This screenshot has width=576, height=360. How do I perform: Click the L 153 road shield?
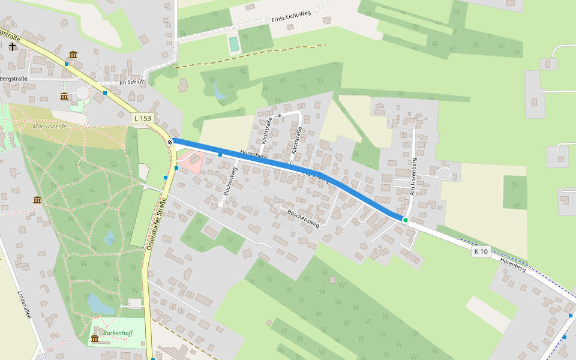click(x=143, y=119)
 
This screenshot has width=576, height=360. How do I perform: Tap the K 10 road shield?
click(x=481, y=251)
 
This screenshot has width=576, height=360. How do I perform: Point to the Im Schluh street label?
click(x=133, y=83)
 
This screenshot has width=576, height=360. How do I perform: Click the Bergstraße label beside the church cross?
click(x=13, y=79)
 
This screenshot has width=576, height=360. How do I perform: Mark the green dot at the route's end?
click(x=406, y=220)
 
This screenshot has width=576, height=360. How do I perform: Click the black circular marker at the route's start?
click(x=170, y=142)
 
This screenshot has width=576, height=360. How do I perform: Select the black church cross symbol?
click(x=12, y=46)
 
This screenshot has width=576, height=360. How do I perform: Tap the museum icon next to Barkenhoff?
click(x=94, y=339)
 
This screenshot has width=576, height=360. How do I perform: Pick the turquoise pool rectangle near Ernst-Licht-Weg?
click(x=233, y=43)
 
